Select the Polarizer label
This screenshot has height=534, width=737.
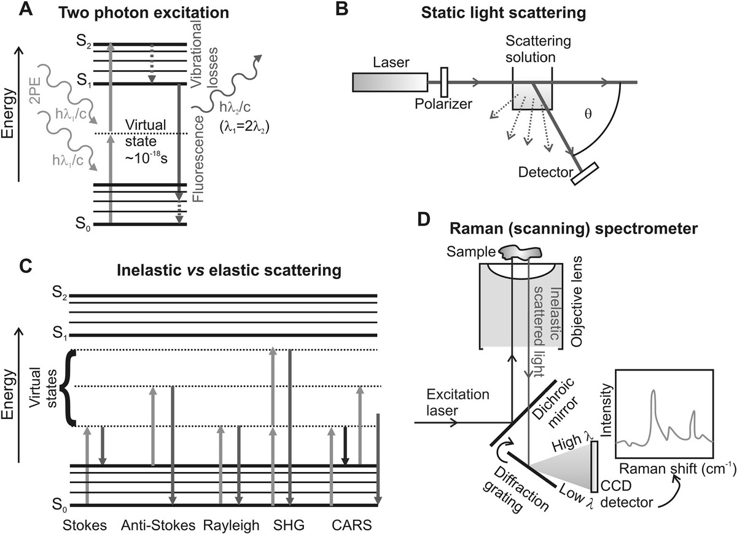[x=445, y=104]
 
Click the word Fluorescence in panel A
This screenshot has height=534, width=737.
[x=198, y=163]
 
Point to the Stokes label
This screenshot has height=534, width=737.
[x=84, y=525]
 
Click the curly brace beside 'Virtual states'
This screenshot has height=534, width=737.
[x=72, y=387]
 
